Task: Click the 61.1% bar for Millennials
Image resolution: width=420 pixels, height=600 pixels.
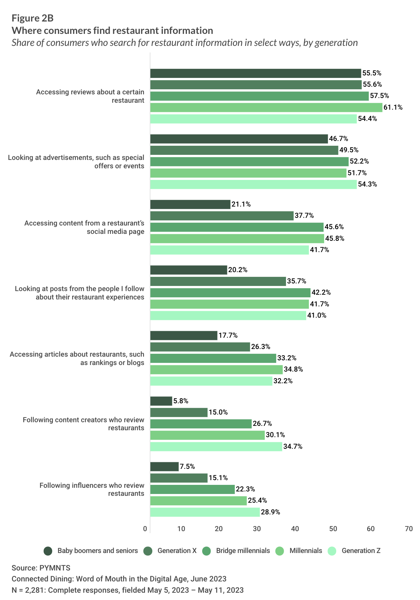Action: pyautogui.click(x=266, y=107)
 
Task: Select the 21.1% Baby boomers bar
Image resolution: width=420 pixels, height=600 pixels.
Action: pyautogui.click(x=190, y=204)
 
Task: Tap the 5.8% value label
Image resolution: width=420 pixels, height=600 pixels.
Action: pyautogui.click(x=181, y=401)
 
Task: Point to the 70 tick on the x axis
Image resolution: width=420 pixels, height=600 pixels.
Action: pyautogui.click(x=409, y=529)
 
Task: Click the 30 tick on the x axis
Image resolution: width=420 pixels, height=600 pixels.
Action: pyautogui.click(x=257, y=529)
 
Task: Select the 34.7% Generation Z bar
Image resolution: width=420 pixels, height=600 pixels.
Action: pyautogui.click(x=216, y=447)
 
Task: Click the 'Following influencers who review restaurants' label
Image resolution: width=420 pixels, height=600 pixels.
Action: pyautogui.click(x=92, y=489)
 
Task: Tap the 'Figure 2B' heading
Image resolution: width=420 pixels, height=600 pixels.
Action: pyautogui.click(x=32, y=18)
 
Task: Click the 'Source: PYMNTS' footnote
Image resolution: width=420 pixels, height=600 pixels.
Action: pyautogui.click(x=41, y=568)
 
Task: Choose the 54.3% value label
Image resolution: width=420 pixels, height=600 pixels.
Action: pyautogui.click(x=367, y=184)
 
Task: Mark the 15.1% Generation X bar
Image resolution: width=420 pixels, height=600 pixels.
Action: pyautogui.click(x=178, y=478)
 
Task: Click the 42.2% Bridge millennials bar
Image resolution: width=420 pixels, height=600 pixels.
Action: pyautogui.click(x=230, y=293)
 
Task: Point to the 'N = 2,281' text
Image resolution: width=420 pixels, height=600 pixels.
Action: pyautogui.click(x=127, y=590)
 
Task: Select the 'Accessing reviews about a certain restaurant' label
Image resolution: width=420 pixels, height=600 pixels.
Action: pyautogui.click(x=90, y=96)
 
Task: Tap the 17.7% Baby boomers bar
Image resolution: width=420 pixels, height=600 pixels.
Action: pyautogui.click(x=184, y=336)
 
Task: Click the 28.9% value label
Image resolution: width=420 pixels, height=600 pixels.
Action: pyautogui.click(x=270, y=512)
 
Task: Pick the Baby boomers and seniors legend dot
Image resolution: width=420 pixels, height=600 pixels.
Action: pyautogui.click(x=48, y=551)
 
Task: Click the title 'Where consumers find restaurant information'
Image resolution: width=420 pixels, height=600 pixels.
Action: pyautogui.click(x=112, y=31)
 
